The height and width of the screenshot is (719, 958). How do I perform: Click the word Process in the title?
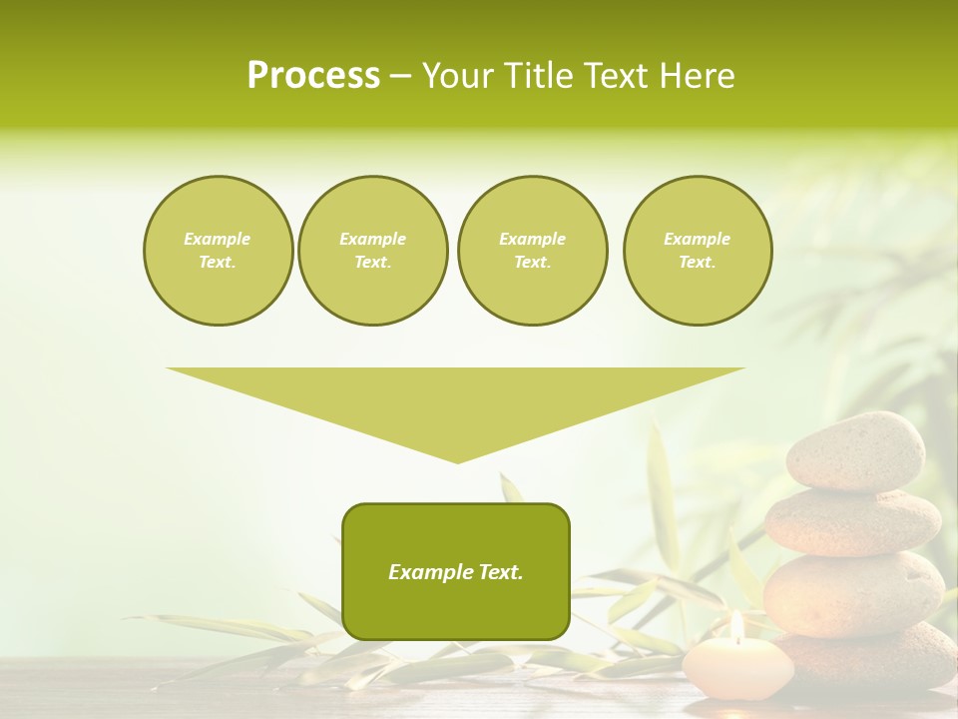(x=313, y=76)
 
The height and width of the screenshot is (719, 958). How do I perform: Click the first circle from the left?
(x=218, y=251)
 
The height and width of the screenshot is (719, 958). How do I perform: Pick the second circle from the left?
(x=372, y=251)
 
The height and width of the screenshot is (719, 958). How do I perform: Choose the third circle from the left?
(x=532, y=251)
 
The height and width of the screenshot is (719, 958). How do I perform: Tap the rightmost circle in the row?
(x=697, y=251)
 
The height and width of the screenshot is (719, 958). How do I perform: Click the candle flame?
(x=736, y=626)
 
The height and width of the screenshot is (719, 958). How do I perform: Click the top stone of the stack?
(x=855, y=450)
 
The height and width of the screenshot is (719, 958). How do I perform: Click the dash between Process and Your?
(x=400, y=76)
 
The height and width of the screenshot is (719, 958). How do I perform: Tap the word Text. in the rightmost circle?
(x=697, y=263)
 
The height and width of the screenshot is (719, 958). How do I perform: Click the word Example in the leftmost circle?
(x=218, y=239)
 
